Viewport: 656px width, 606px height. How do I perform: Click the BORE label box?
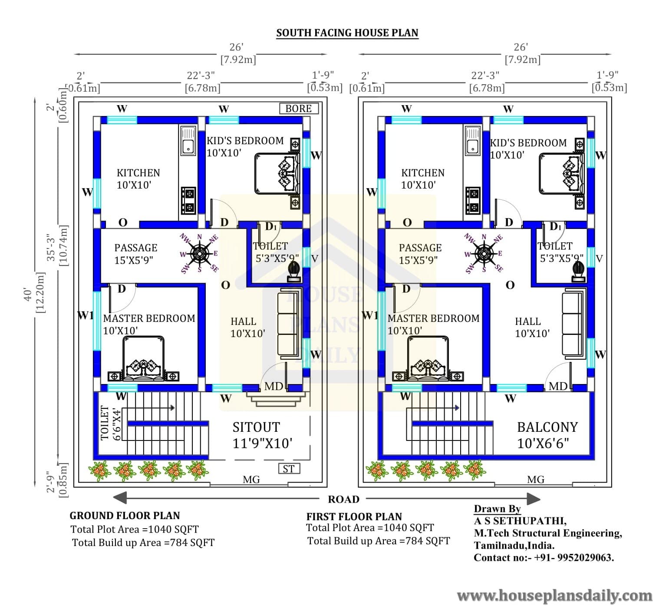point(299,109)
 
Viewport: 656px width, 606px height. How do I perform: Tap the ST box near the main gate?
point(289,468)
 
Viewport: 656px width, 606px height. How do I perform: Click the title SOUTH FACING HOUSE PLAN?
point(347,33)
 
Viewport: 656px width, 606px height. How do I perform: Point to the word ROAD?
point(343,499)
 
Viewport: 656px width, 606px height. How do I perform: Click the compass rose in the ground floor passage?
point(199,254)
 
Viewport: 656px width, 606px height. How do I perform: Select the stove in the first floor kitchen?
point(473,201)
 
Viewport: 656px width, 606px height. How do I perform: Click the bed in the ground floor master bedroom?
point(143,359)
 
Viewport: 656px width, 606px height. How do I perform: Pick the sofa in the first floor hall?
point(574,323)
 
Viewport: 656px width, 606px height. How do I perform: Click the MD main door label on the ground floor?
point(274,386)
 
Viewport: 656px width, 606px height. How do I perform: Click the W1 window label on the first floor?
point(370,315)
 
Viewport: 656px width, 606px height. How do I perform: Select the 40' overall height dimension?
point(28,293)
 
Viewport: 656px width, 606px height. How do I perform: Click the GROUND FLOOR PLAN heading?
point(125,515)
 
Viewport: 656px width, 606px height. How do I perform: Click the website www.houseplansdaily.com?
point(554,596)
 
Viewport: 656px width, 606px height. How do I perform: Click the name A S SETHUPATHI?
point(520,521)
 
